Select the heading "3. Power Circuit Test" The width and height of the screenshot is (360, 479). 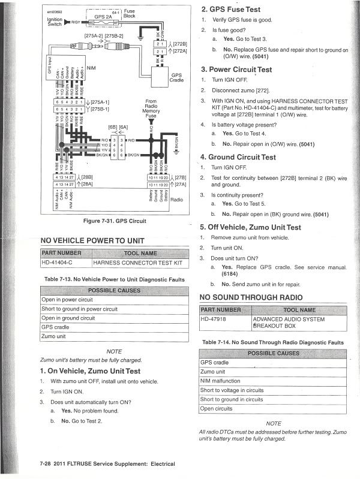coord(236,70)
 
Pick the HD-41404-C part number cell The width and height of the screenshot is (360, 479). coord(57,262)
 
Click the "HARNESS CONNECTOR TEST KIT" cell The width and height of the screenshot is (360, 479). coord(137,262)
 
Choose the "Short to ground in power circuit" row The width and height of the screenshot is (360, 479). coord(79,309)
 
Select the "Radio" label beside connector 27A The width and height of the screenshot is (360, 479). coord(176,200)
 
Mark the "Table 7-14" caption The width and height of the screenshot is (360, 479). coord(272,342)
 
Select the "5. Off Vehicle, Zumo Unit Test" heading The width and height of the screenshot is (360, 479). coord(250,227)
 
